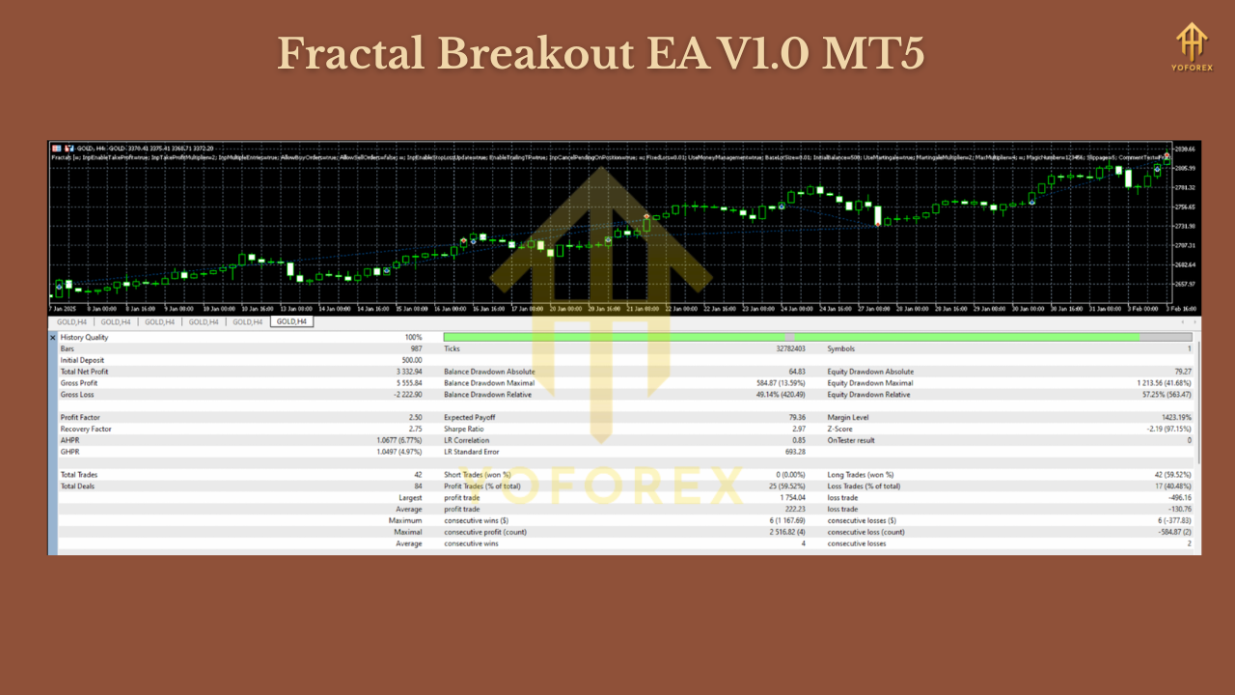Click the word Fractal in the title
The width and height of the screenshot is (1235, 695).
pos(349,54)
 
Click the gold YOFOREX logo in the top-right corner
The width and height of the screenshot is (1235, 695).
pos(1192,43)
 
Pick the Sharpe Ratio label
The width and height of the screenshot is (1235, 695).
pos(464,429)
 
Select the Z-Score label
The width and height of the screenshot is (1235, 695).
pos(841,429)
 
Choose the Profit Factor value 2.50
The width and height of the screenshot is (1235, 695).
pos(415,417)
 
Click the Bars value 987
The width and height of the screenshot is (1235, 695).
pos(416,348)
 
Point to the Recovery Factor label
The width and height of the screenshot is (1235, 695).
pos(85,429)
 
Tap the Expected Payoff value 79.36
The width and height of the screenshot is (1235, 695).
pos(795,417)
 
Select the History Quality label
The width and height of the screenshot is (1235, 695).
pos(85,337)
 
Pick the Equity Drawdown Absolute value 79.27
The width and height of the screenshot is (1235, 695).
pos(1179,372)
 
